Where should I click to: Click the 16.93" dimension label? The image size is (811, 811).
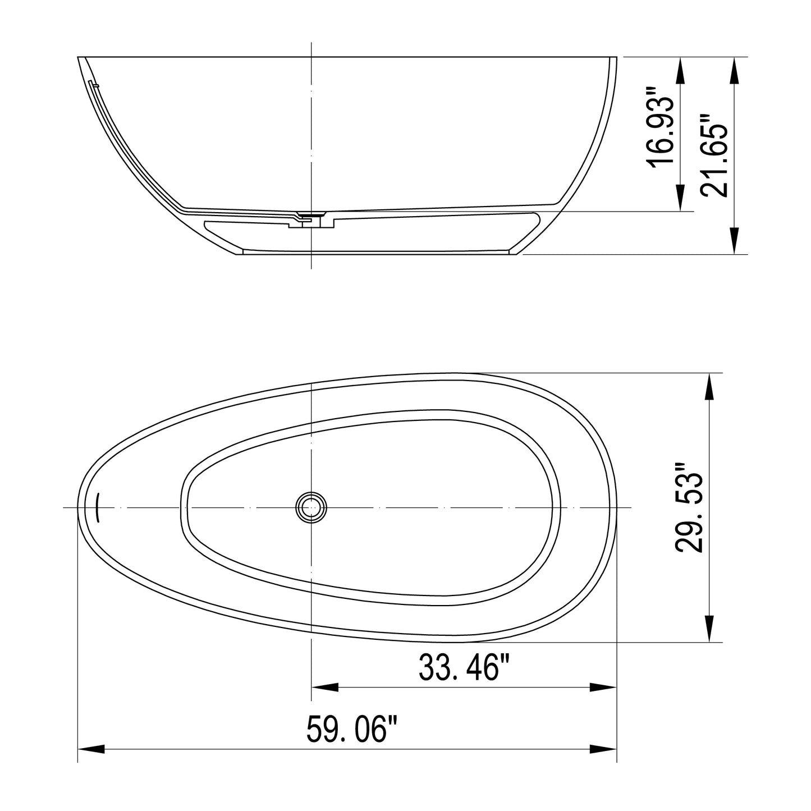coord(660,127)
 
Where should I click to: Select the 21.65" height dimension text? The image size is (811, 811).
coord(714,155)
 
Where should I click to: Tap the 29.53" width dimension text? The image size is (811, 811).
coord(689,508)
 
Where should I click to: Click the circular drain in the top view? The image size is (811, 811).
coord(311,507)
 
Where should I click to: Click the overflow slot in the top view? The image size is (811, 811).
coord(98,507)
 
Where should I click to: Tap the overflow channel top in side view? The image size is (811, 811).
coord(93,84)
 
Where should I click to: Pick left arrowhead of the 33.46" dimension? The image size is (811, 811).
coord(325,688)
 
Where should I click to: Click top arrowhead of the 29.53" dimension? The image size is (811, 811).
coord(709,387)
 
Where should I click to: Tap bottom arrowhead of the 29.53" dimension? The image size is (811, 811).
coord(709,629)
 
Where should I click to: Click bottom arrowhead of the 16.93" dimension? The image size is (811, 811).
coord(681,198)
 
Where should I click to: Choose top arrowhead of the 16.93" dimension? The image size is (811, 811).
coord(681,71)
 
